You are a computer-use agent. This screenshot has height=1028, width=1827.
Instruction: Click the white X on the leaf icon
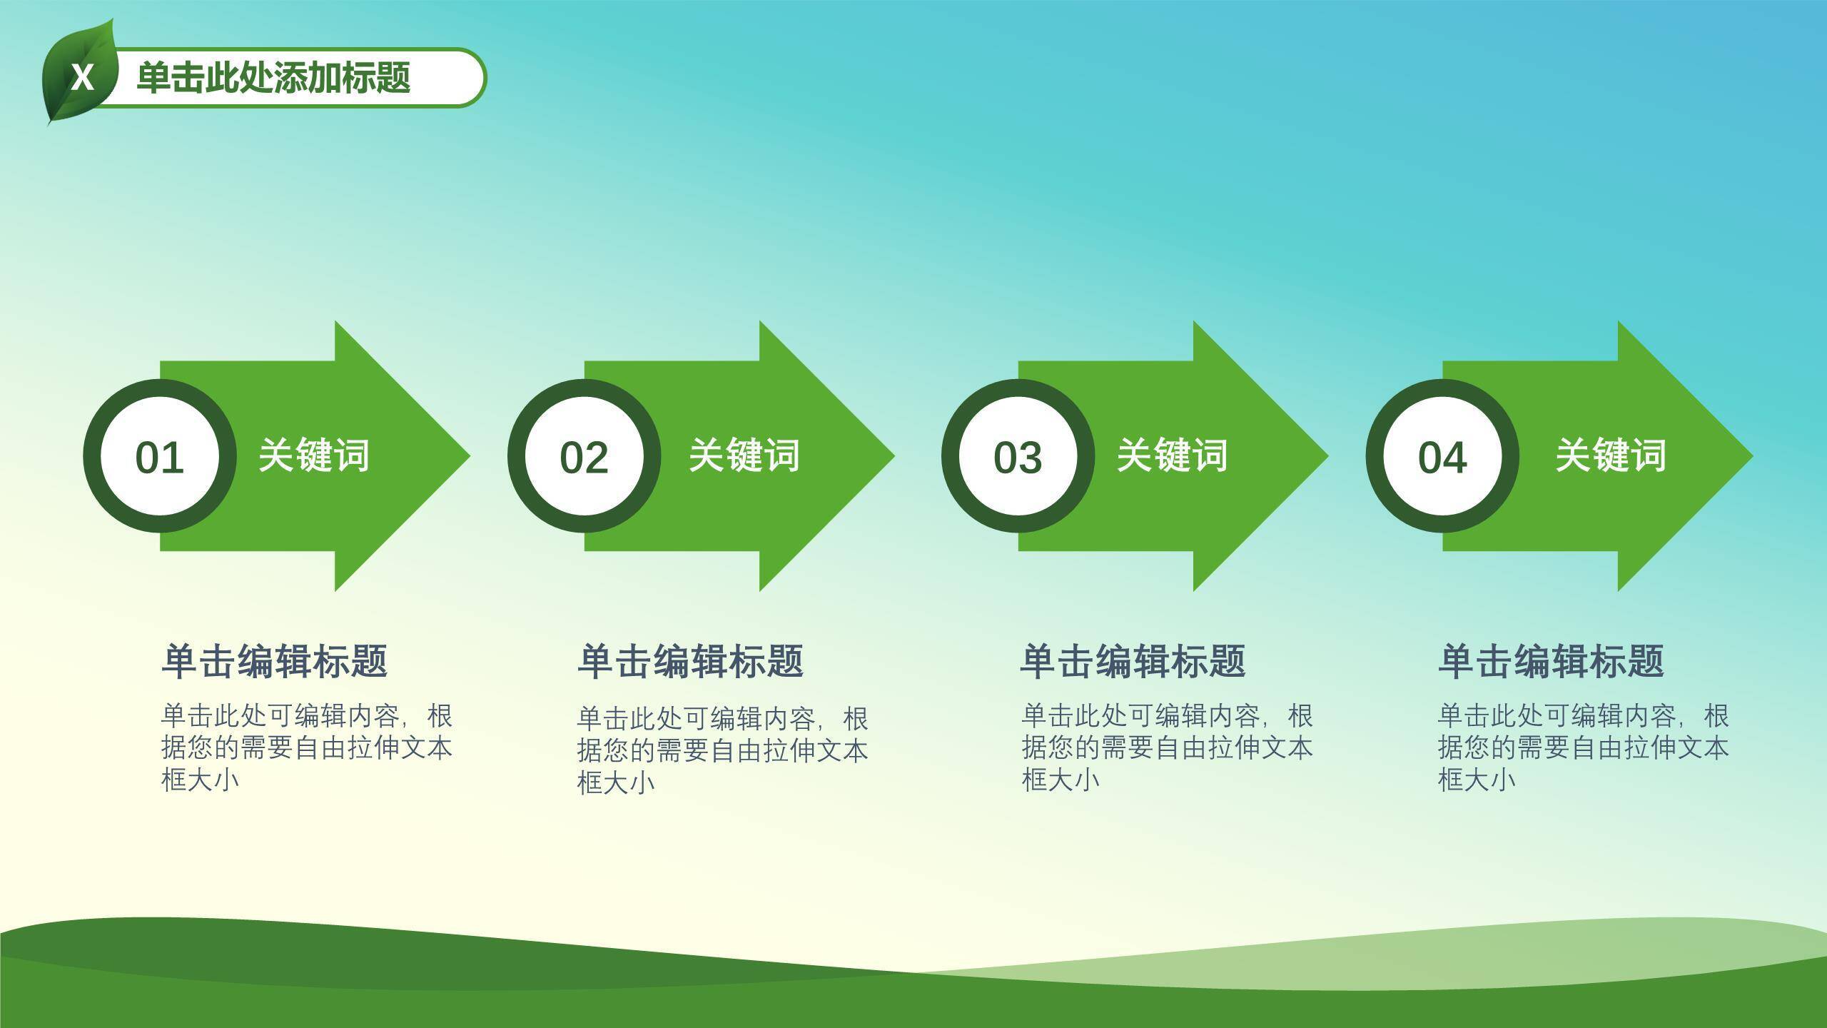tap(83, 77)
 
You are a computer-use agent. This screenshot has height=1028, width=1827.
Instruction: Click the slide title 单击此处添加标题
tap(273, 78)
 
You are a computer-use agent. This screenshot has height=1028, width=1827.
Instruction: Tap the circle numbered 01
tap(160, 456)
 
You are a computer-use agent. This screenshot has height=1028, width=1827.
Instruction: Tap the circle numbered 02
tap(584, 456)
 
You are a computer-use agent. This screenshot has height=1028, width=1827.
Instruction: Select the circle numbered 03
tap(1018, 456)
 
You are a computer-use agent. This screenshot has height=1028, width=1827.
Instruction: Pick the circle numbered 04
tap(1442, 456)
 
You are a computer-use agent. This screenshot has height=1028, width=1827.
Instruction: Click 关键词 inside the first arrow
tap(314, 455)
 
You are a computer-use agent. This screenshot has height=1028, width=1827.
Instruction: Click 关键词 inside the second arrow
tap(744, 455)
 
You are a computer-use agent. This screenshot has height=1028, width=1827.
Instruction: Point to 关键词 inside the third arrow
tap(1173, 455)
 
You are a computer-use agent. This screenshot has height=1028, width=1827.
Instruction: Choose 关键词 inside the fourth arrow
tap(1611, 455)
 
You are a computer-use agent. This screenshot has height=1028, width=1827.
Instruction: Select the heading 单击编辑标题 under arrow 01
tap(275, 661)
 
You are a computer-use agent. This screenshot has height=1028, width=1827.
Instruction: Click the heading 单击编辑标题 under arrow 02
tap(691, 661)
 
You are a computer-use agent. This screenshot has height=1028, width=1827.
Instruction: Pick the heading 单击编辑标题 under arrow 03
tap(1133, 661)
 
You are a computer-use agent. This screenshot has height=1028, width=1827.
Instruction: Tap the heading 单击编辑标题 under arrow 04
tap(1551, 661)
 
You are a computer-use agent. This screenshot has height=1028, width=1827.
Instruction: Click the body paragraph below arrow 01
tap(307, 747)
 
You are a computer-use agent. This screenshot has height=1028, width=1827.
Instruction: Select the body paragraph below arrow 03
tap(1167, 747)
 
